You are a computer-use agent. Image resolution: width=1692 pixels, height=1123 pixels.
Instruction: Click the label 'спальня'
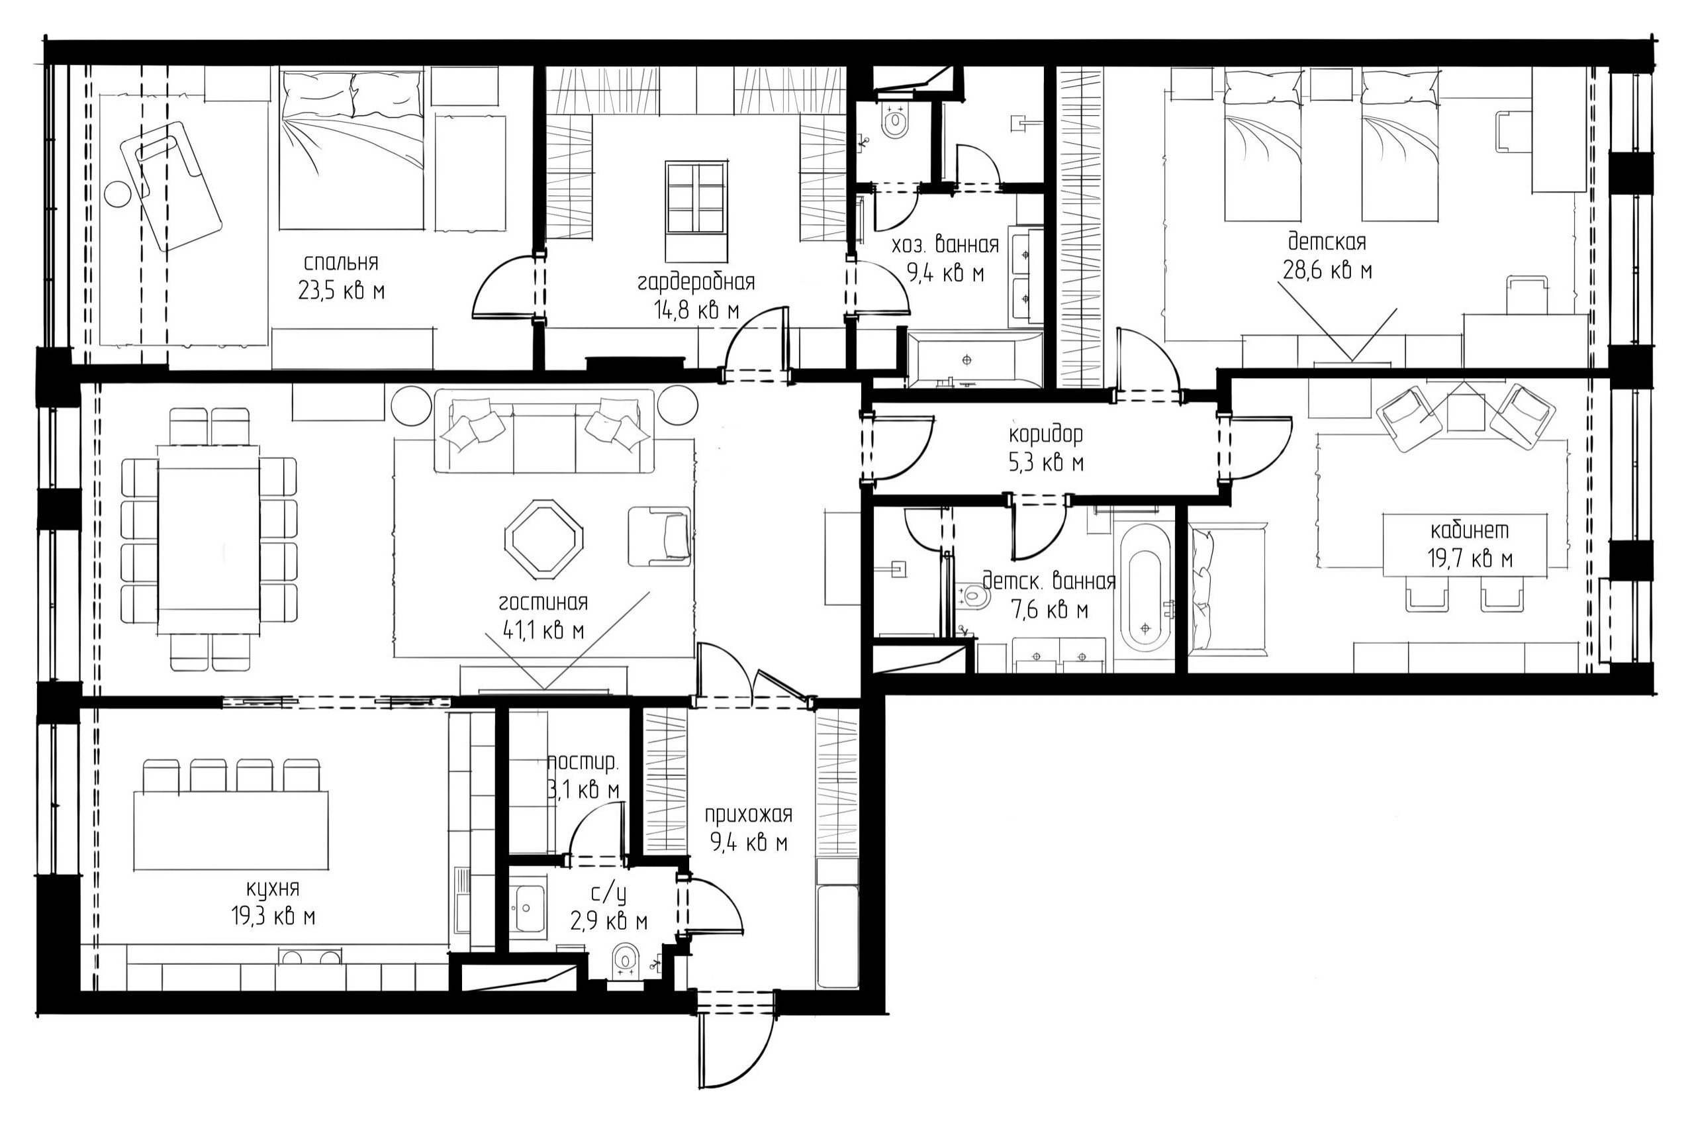(341, 263)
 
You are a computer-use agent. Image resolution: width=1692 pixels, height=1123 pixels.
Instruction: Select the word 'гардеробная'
(696, 282)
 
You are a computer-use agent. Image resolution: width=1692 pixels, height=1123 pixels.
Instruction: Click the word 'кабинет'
(1470, 530)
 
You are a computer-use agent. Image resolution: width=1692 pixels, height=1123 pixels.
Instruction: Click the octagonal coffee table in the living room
(544, 538)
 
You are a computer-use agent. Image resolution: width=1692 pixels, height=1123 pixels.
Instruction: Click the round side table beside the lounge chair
(116, 194)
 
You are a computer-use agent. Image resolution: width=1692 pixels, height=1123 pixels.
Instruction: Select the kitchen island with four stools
(231, 830)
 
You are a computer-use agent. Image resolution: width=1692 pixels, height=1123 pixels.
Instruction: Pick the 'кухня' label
(273, 889)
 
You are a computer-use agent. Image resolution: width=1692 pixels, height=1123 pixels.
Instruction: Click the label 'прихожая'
(748, 815)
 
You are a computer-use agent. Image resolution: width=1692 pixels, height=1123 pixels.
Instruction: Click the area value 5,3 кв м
(1046, 464)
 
